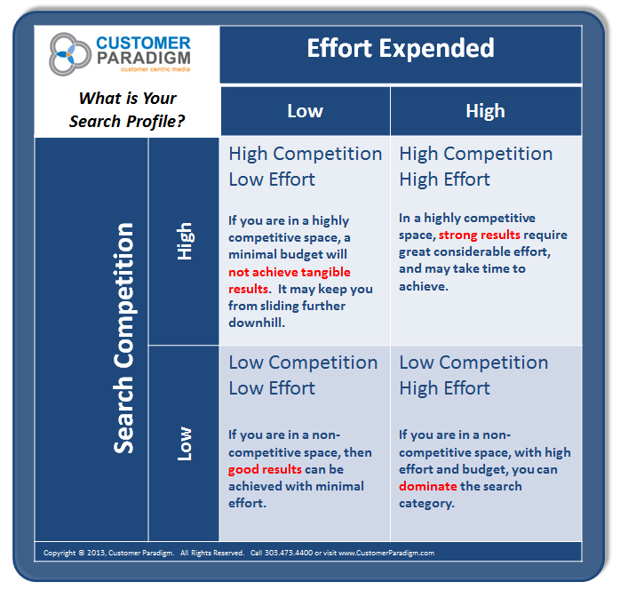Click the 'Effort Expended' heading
point(400,48)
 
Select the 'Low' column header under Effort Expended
point(305,111)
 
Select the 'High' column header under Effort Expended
point(485,111)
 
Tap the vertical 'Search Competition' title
point(124,338)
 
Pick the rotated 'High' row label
point(185,241)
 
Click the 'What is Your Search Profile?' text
point(127,109)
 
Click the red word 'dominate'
point(428,486)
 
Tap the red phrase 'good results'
point(265,469)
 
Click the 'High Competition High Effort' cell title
point(475,166)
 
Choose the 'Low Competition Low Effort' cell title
point(303,375)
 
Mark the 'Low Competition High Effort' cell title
point(474,375)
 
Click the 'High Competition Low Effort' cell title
point(305,166)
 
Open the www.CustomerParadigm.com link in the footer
point(386,553)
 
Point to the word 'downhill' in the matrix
point(257,323)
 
